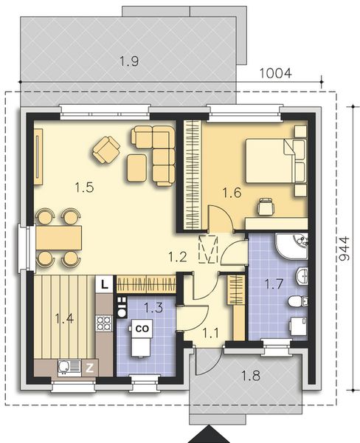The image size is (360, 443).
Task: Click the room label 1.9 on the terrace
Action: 128,62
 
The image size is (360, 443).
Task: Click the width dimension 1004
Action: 275,73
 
